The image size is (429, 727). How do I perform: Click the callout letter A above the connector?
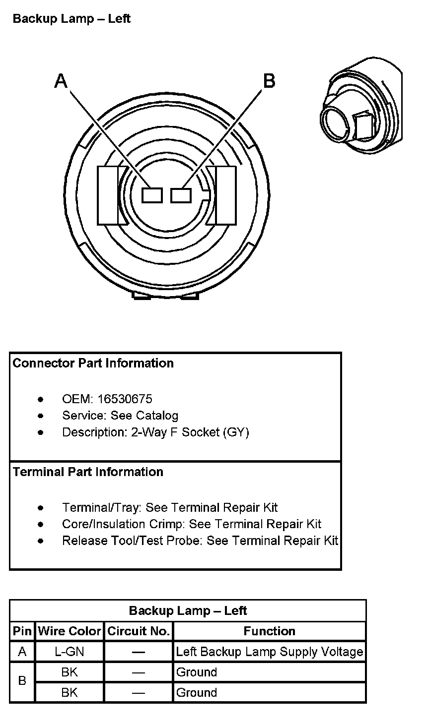coord(61,80)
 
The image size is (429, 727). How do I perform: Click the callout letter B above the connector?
coord(269,80)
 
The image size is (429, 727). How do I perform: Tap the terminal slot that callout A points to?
coord(152,195)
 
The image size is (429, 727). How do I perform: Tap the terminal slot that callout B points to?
coord(181,195)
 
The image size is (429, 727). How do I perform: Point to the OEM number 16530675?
coord(125,399)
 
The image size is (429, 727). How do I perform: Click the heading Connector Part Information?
coord(93,363)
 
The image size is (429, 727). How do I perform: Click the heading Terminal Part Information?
coord(88,472)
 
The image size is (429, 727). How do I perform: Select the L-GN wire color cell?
coord(70,652)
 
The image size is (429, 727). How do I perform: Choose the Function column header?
coord(270,631)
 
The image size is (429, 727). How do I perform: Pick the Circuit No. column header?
coord(139,631)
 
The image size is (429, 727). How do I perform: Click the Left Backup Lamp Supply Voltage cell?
coord(270,652)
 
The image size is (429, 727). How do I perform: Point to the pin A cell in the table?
coord(22,652)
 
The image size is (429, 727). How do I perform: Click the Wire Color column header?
coord(70,631)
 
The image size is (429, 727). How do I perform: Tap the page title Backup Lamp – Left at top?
coord(71,19)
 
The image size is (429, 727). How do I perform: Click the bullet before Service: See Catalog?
coord(40,416)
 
